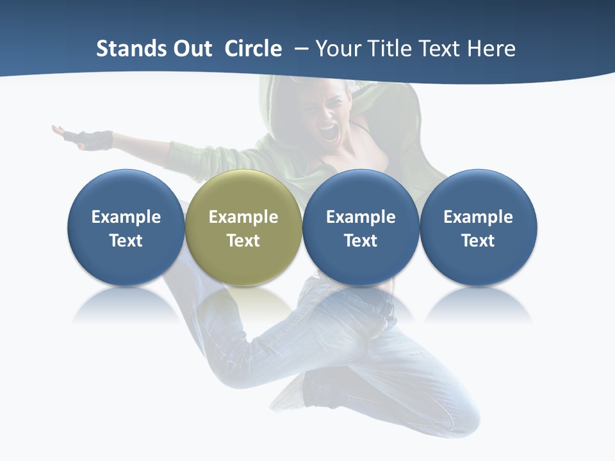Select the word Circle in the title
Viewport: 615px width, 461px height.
[253, 49]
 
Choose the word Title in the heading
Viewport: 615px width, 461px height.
[391, 49]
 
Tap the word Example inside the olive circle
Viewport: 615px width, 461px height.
[243, 217]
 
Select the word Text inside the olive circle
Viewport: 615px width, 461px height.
[243, 241]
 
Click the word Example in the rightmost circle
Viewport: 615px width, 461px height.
[478, 217]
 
